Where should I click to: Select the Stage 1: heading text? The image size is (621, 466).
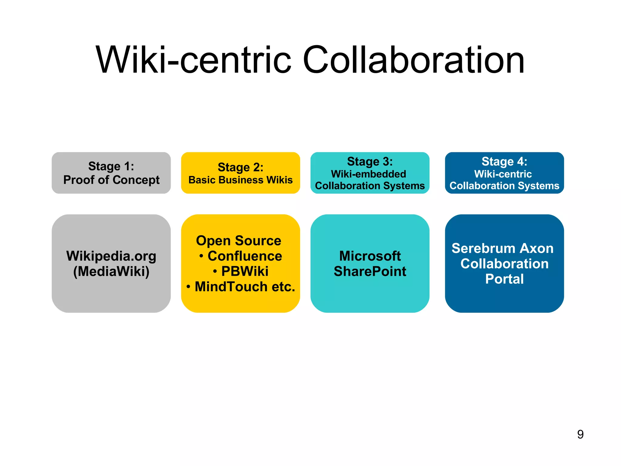pyautogui.click(x=111, y=166)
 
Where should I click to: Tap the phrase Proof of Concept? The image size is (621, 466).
pyautogui.click(x=111, y=180)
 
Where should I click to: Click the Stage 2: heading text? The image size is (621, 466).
pyautogui.click(x=240, y=167)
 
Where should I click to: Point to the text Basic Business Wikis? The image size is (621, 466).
pyautogui.click(x=240, y=180)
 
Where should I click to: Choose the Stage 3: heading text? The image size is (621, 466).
pyautogui.click(x=370, y=161)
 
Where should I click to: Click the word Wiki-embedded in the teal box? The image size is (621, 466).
pyautogui.click(x=368, y=174)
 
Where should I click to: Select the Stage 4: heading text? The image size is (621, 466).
pyautogui.click(x=504, y=161)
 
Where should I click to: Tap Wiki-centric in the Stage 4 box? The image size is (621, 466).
pyautogui.click(x=503, y=174)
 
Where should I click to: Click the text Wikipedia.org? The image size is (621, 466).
pyautogui.click(x=111, y=256)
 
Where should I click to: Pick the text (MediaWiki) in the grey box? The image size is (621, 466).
pyautogui.click(x=111, y=271)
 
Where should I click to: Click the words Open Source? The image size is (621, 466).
pyautogui.click(x=239, y=241)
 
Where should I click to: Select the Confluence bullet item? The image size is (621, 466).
pyautogui.click(x=244, y=256)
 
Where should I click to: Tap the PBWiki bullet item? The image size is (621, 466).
pyautogui.click(x=244, y=271)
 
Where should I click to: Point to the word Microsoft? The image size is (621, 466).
pyautogui.click(x=370, y=256)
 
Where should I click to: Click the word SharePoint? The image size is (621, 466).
pyautogui.click(x=370, y=271)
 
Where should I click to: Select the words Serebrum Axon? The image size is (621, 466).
pyautogui.click(x=502, y=248)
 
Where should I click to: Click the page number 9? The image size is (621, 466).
pyautogui.click(x=580, y=434)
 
